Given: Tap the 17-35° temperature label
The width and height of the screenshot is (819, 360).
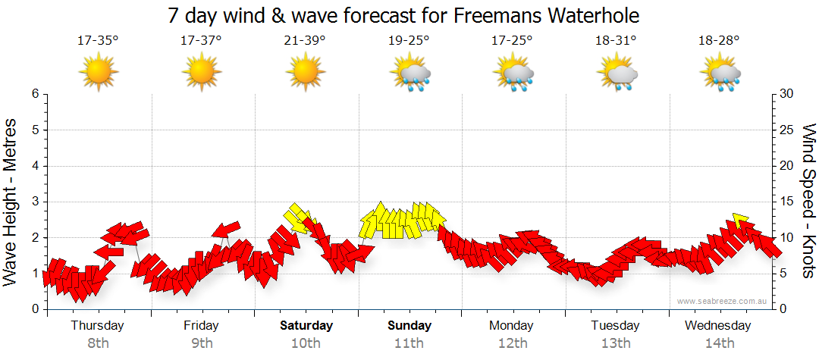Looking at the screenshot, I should point(98,41).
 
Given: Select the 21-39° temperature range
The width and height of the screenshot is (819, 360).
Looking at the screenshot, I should point(305,41).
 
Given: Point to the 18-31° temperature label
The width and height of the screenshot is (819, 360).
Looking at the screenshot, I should point(615,41).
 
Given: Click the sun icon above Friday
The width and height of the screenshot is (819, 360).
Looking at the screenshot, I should point(202,73).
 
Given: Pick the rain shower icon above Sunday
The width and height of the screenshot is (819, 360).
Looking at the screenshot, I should point(409,73).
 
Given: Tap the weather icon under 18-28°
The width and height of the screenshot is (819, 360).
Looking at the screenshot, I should point(720,73).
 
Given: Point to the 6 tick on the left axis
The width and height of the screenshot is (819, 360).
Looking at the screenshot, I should point(34,94).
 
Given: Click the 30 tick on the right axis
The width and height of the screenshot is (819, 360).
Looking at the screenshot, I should point(787,94).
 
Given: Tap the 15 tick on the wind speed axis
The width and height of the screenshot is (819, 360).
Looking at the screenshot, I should point(787,202).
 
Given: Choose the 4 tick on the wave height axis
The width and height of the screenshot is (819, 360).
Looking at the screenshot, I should point(34,166).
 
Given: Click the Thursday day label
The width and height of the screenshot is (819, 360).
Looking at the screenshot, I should point(98,326).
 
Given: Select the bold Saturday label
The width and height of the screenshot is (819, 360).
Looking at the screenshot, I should point(306,326).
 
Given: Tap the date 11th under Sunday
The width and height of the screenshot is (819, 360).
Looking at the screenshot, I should point(409,343).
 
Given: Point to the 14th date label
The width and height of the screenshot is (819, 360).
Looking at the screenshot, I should point(719,343).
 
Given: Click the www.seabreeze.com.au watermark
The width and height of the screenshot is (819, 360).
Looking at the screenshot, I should point(723,301).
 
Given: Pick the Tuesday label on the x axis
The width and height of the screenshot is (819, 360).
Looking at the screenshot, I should point(615,326).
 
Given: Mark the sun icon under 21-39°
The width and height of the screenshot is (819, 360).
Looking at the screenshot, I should point(306,73).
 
